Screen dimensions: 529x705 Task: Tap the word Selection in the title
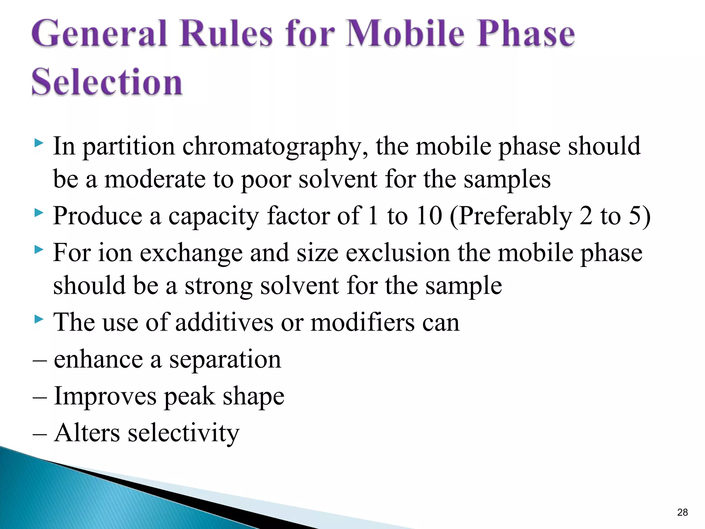pos(107,82)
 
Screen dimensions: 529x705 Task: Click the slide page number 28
pos(682,512)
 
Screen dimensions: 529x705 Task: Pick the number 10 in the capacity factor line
pos(429,216)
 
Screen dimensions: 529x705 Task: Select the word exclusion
pos(398,253)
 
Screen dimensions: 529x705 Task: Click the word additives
pos(224,322)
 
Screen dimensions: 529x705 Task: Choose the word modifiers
pos(362,322)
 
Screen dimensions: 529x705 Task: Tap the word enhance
pos(98,359)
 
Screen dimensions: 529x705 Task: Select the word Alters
pos(87,433)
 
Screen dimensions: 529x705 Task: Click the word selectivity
pos(183,433)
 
